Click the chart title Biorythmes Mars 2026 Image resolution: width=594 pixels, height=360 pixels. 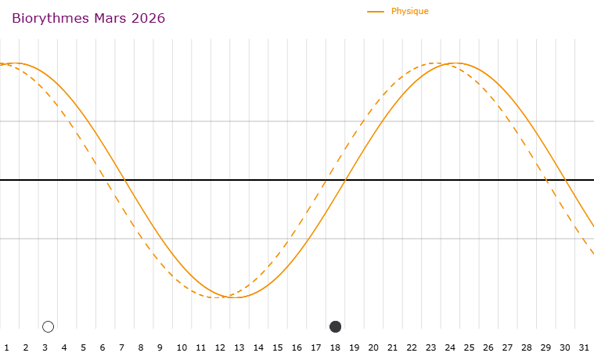(88, 18)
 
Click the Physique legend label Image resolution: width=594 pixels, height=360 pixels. (409, 11)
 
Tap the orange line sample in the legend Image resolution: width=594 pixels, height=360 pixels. (376, 11)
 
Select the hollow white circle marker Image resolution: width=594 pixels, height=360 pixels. (48, 326)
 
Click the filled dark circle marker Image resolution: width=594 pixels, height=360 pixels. (336, 326)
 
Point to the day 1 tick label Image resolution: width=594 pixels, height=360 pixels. (6, 347)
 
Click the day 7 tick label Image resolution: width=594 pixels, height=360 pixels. (121, 347)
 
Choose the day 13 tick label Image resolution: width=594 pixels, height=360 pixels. (239, 347)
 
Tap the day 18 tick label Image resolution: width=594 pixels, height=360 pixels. (335, 347)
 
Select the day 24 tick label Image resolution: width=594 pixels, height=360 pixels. (450, 347)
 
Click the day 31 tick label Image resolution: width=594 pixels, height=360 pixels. (584, 347)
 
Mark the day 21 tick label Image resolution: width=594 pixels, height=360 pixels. (392, 347)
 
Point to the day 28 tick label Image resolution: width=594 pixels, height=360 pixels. (527, 347)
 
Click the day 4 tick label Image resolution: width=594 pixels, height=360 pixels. (64, 347)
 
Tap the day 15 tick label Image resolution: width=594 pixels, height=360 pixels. (277, 347)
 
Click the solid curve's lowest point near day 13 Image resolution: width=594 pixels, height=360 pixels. (235, 297)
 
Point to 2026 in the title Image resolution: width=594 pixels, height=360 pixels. (148, 18)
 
